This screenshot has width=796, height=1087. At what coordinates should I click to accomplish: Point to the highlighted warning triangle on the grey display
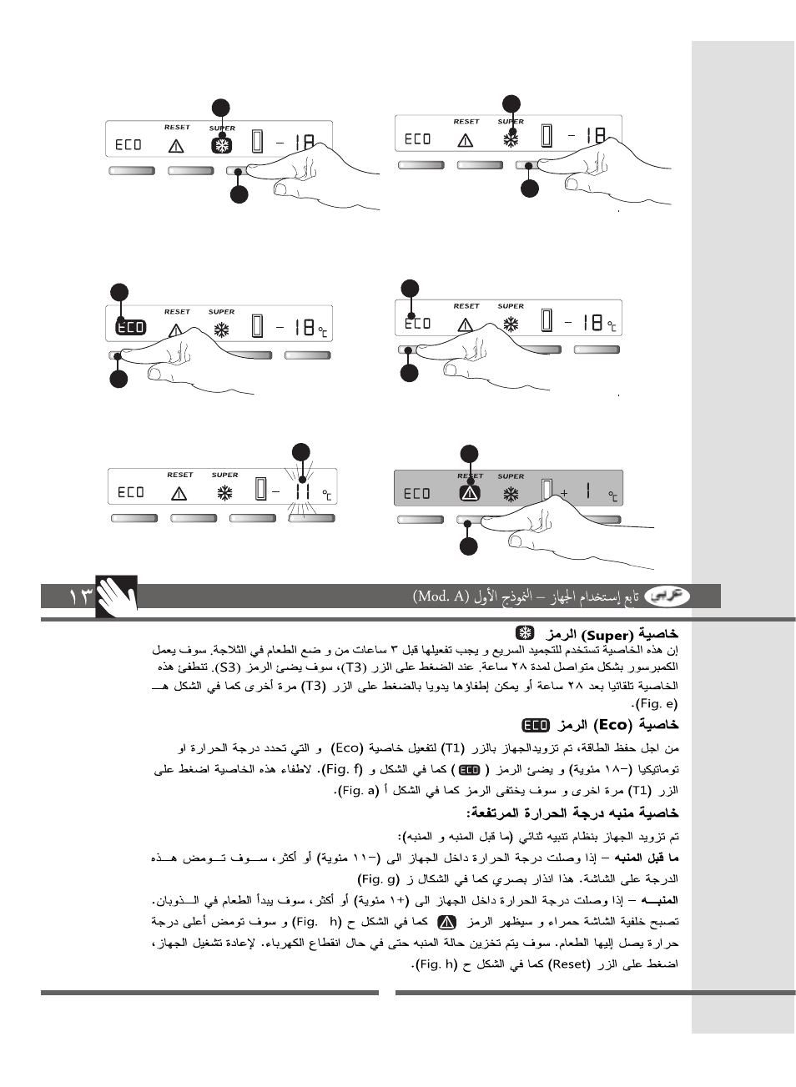pyautogui.click(x=470, y=493)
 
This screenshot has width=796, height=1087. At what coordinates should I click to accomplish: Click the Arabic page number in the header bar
pyautogui.click(x=80, y=596)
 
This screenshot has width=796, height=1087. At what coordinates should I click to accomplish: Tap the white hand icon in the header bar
pyautogui.click(x=116, y=596)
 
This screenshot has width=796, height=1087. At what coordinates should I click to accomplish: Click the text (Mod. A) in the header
pyautogui.click(x=441, y=596)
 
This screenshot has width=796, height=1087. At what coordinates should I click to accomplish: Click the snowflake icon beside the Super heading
pyautogui.click(x=524, y=634)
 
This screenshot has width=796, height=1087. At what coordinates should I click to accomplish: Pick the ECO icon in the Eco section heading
pyautogui.click(x=536, y=725)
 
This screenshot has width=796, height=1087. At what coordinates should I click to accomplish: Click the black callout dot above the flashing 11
pyautogui.click(x=300, y=453)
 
